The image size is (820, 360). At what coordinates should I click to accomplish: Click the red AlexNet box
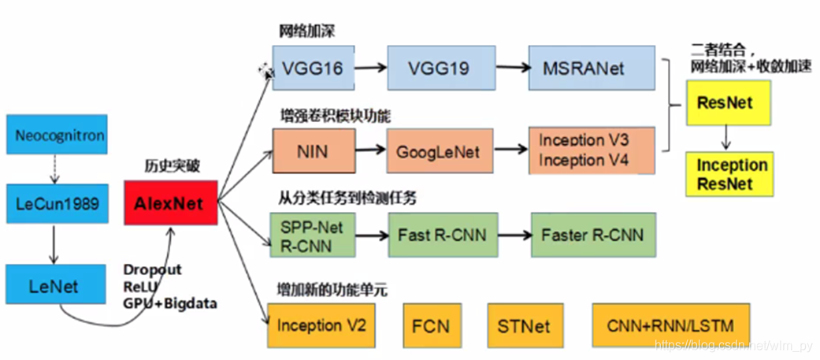coord(170,204)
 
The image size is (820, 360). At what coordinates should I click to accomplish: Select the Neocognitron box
coord(60,135)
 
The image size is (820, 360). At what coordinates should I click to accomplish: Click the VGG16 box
coord(312,69)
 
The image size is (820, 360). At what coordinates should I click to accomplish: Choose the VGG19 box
coord(438,69)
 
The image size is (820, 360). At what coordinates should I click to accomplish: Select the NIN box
coord(312,150)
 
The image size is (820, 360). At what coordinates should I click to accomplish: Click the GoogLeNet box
coord(437,150)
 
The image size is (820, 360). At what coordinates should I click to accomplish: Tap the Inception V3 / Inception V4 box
coord(592,150)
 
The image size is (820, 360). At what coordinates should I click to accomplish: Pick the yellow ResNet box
coord(725,103)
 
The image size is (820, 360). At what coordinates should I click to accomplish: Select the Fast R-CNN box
coord(443,235)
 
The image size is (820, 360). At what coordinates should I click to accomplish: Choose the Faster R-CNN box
coord(592,235)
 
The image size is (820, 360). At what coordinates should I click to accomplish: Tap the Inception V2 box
coord(321,325)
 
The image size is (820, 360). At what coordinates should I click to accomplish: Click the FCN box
coord(432,325)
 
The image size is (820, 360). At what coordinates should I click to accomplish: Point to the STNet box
coord(524,325)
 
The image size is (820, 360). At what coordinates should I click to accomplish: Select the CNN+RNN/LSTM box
coord(666,325)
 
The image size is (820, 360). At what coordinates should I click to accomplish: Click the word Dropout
coord(151,270)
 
